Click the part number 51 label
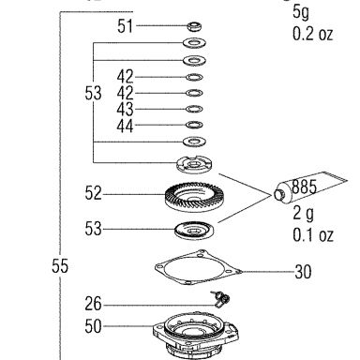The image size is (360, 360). pyautogui.click(x=125, y=26)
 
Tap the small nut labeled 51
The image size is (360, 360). pyautogui.click(x=194, y=26)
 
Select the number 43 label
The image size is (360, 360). pyautogui.click(x=125, y=110)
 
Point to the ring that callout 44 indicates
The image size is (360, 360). pyautogui.click(x=194, y=125)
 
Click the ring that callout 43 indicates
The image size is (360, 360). pyautogui.click(x=194, y=109)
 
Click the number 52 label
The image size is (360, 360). pyautogui.click(x=93, y=193)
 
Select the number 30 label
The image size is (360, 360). pyautogui.click(x=303, y=272)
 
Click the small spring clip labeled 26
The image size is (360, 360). pyautogui.click(x=221, y=299)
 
